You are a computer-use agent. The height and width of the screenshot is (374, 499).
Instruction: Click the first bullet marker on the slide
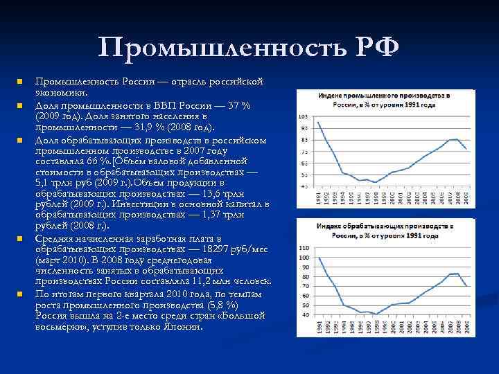pyautogui.click(x=21, y=81)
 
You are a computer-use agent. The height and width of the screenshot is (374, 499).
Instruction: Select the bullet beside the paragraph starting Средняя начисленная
pyautogui.click(x=21, y=239)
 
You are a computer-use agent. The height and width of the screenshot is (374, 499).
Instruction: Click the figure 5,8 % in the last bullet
pyautogui.click(x=223, y=305)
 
